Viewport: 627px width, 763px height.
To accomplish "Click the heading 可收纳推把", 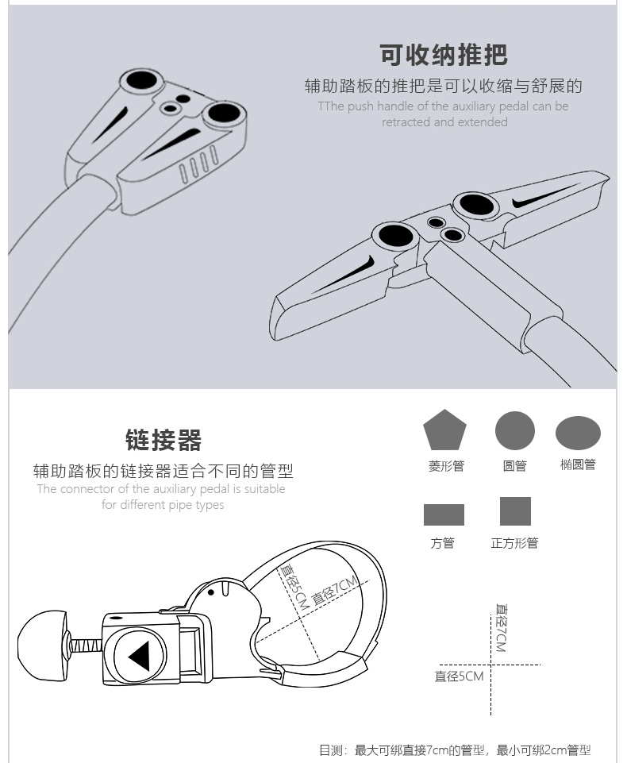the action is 443,55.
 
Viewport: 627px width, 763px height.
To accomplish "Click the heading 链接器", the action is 163,439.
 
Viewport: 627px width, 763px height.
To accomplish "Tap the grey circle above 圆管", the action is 515,431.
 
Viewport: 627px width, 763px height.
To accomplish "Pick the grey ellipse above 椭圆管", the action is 578,433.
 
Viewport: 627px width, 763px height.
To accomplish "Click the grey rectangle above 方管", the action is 444,514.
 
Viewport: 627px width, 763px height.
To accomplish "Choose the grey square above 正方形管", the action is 515,511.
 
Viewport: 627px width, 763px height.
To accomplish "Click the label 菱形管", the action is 445,466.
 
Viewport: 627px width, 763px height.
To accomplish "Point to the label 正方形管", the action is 514,543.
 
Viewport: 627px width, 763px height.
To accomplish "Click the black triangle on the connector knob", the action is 140,657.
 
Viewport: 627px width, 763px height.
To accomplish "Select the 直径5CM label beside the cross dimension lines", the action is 459,676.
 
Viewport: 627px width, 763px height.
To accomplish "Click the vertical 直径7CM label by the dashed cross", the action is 500,627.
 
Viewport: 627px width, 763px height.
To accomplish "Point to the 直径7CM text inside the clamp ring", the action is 337,592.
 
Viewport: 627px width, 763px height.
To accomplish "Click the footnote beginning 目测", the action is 455,750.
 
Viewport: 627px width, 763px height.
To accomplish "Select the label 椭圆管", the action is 578,464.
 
